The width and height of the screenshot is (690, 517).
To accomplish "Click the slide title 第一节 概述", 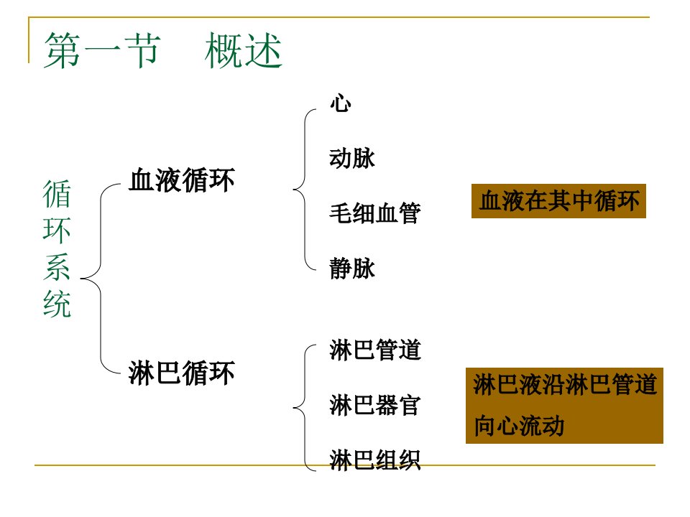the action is click(163, 50).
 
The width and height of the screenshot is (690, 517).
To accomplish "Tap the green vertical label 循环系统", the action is click(57, 248).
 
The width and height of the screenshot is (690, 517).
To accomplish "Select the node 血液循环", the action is click(182, 180).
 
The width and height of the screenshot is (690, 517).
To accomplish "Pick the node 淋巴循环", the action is click(182, 373).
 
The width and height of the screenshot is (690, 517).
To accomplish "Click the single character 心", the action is click(341, 103).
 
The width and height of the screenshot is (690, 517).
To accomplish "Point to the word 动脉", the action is click(352, 158).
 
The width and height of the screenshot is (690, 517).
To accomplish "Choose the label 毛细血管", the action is click(375, 213).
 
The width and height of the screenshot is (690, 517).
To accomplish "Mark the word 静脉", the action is click(352, 268).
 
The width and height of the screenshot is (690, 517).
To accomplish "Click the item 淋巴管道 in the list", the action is click(375, 350).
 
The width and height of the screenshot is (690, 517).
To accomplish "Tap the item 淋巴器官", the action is click(375, 405).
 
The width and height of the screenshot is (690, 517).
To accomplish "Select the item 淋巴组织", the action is click(375, 460).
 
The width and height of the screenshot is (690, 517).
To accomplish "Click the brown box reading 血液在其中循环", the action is click(558, 201).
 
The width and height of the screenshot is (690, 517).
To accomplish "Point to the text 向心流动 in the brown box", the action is click(519, 426).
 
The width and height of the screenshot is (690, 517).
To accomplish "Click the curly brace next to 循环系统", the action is click(101, 279).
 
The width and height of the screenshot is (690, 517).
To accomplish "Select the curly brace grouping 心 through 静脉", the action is click(305, 190).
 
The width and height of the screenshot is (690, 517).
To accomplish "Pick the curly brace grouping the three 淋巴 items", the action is click(305, 408).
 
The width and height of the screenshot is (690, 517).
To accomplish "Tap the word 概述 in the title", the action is click(244, 50).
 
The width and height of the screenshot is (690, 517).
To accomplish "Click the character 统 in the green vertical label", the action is click(57, 303).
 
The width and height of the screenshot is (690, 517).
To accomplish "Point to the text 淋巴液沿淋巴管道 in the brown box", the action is click(565, 384).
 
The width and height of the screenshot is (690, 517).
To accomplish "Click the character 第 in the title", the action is click(62, 50).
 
